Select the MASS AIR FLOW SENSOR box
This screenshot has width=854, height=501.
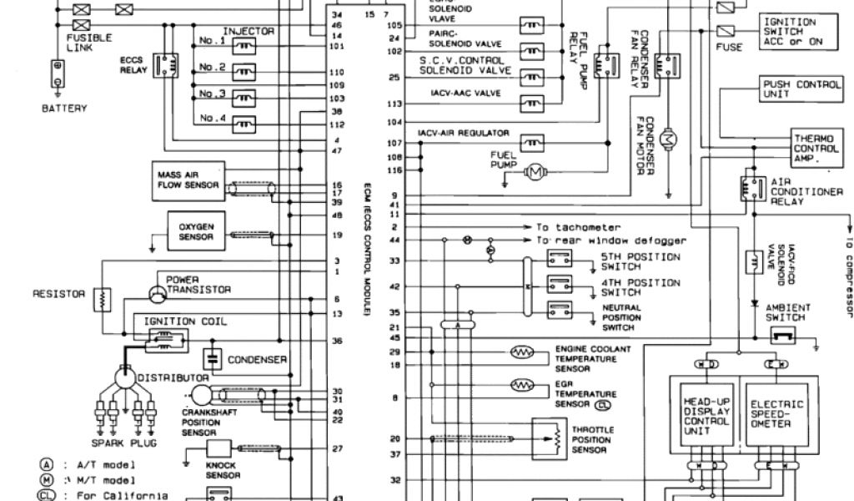188,180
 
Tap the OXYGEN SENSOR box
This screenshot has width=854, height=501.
196,230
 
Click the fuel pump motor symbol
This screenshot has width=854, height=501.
534,172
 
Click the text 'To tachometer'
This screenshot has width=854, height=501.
578,227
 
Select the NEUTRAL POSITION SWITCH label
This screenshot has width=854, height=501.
622,313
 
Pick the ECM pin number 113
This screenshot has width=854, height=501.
394,104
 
